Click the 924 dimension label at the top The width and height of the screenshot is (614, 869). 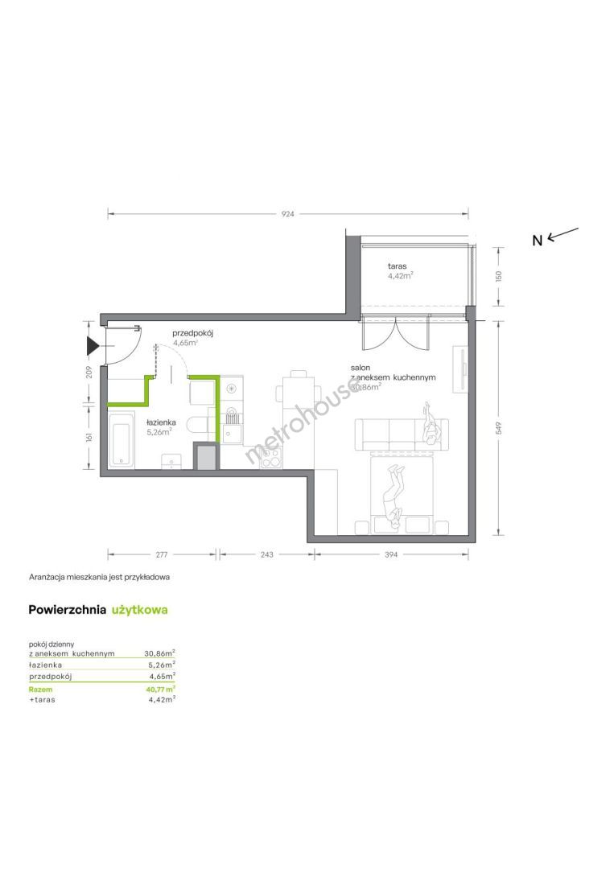click(x=287, y=213)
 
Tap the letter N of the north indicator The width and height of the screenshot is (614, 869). click(x=537, y=241)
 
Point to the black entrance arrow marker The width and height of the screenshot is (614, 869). click(x=92, y=346)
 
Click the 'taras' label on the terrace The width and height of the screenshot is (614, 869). click(x=398, y=266)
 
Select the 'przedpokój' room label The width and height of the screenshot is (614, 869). click(x=192, y=334)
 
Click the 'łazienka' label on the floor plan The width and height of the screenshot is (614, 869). click(x=161, y=422)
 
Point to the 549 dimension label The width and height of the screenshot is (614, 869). click(x=499, y=428)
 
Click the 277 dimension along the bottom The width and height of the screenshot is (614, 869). click(x=161, y=554)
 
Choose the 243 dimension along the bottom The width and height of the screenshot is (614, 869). click(x=266, y=554)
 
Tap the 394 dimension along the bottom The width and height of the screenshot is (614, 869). click(x=391, y=554)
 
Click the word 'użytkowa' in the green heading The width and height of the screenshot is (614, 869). click(x=140, y=610)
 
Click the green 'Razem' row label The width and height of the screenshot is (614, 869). click(x=40, y=690)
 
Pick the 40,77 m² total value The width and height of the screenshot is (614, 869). click(x=160, y=689)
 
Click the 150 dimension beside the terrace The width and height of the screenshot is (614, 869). click(x=499, y=276)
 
